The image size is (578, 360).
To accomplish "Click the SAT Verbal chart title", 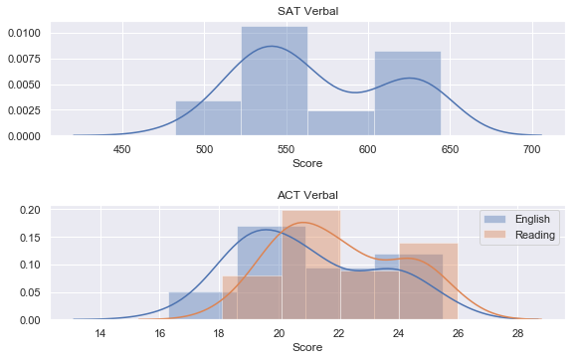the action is (307, 11).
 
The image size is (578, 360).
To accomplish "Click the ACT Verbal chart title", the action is (307, 195).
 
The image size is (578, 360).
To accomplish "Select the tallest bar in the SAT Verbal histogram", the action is (275, 81).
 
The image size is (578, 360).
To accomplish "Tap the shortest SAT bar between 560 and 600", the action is (341, 123).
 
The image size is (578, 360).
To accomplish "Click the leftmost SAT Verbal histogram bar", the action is (209, 118).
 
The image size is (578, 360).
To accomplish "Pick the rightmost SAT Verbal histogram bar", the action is (408, 93).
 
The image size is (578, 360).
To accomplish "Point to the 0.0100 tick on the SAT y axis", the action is (24, 33).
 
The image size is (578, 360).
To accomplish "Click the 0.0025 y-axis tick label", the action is (24, 110).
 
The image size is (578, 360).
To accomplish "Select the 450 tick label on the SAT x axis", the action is (122, 149).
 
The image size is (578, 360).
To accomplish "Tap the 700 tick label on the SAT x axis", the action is (532, 149).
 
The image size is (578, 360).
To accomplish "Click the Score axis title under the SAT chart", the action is (307, 163).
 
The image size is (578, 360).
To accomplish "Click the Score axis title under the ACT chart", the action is (307, 347).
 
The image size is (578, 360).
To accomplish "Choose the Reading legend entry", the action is (519, 235).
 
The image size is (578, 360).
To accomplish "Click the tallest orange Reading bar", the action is (311, 265).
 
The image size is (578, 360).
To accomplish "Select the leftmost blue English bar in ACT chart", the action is (203, 305).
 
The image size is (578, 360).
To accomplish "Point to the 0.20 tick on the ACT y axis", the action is (30, 210).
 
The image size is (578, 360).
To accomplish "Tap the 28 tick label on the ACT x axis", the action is (518, 333).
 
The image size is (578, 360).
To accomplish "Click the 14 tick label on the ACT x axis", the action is (100, 333).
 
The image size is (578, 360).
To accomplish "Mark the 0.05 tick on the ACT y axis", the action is (30, 292).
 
